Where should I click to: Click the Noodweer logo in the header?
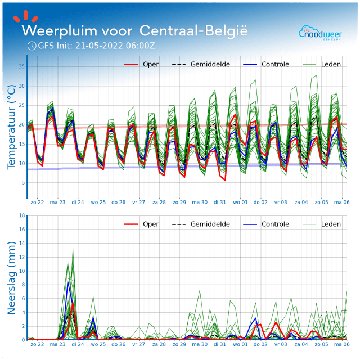tap(319, 32)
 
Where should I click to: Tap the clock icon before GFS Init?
tap(31, 46)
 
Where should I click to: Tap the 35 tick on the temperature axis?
tap(22, 66)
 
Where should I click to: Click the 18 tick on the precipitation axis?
tap(22, 215)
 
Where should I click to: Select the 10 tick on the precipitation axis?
tap(22, 271)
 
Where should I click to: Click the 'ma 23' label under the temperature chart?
tap(57, 201)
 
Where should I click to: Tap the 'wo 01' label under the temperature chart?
tap(240, 201)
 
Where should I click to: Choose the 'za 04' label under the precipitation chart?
tap(301, 344)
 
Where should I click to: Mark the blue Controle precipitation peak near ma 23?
tap(68, 281)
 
